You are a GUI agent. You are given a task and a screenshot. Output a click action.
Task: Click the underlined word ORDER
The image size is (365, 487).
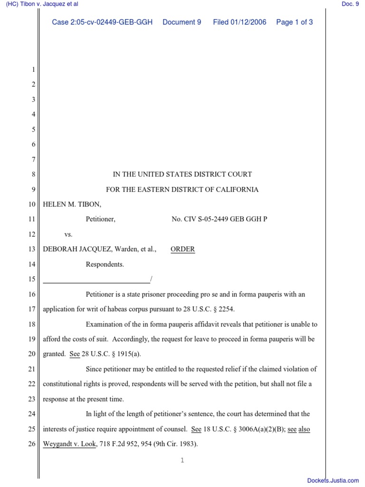(x=183, y=249)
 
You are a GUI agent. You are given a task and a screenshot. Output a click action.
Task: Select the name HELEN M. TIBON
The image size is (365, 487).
(x=72, y=204)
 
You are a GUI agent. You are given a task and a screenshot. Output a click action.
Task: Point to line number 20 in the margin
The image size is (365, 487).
(x=32, y=354)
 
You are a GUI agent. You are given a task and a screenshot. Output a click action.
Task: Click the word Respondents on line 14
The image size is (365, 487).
(x=105, y=264)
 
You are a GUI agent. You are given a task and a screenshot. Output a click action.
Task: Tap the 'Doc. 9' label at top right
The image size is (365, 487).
(x=350, y=4)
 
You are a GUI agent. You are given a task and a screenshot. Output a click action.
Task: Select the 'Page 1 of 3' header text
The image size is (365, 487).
(x=294, y=22)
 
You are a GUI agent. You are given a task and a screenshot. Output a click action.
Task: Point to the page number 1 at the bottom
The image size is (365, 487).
(x=182, y=460)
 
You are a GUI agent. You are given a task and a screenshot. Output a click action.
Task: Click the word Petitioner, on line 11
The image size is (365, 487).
(x=100, y=219)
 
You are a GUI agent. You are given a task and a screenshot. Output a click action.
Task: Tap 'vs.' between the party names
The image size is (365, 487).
(x=68, y=234)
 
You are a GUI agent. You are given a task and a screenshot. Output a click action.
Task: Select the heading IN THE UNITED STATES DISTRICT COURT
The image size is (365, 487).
(x=182, y=174)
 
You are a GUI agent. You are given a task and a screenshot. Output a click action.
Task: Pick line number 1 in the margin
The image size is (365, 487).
(x=33, y=70)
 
